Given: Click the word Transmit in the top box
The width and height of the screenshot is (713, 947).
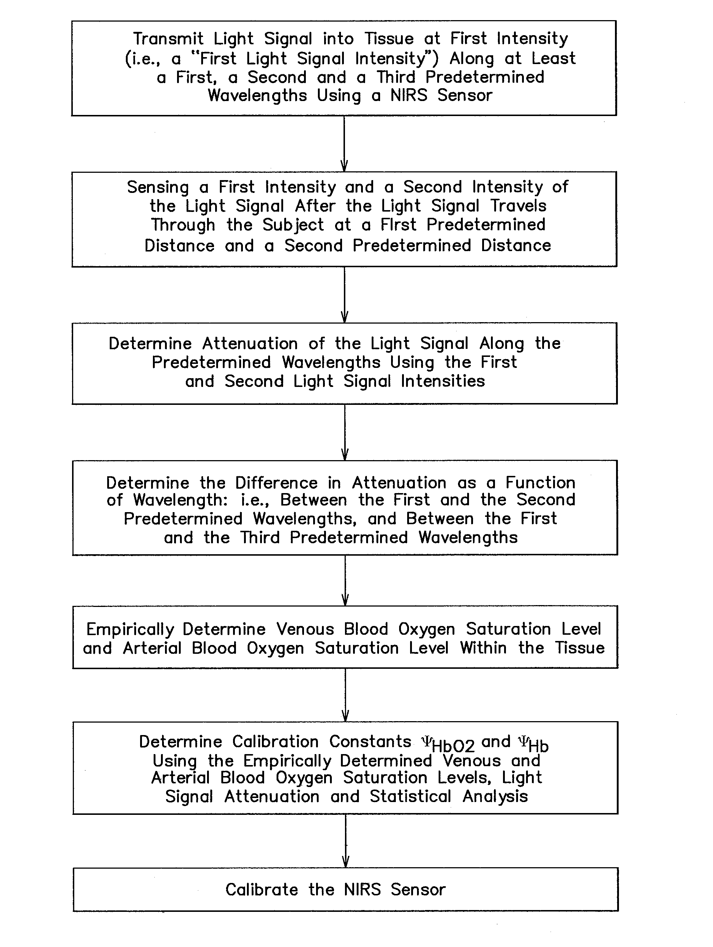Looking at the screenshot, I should [x=168, y=39].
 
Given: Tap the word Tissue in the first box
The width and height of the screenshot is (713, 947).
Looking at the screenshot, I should [x=389, y=39].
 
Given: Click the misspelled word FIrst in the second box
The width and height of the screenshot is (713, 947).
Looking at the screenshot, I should [x=398, y=225].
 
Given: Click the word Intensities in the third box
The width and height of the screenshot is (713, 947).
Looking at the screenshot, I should [x=443, y=381].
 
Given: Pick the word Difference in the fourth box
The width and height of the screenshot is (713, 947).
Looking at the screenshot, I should [x=276, y=483].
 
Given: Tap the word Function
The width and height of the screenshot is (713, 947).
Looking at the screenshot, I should [x=540, y=482].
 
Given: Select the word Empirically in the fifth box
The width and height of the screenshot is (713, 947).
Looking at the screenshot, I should [x=130, y=629].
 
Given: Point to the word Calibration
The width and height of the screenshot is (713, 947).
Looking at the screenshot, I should [x=275, y=742].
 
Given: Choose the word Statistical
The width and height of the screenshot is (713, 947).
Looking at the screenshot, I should [x=410, y=796].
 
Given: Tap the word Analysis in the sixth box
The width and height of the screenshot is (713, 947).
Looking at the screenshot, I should [x=495, y=797].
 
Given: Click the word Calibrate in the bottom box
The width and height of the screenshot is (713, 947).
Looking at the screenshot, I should [x=262, y=890].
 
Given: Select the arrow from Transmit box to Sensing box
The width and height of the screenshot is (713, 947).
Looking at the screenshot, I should [x=344, y=144].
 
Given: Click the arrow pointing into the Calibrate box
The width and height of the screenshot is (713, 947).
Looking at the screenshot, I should [x=346, y=841].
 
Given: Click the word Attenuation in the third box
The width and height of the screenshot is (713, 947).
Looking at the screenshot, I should [x=250, y=344].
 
